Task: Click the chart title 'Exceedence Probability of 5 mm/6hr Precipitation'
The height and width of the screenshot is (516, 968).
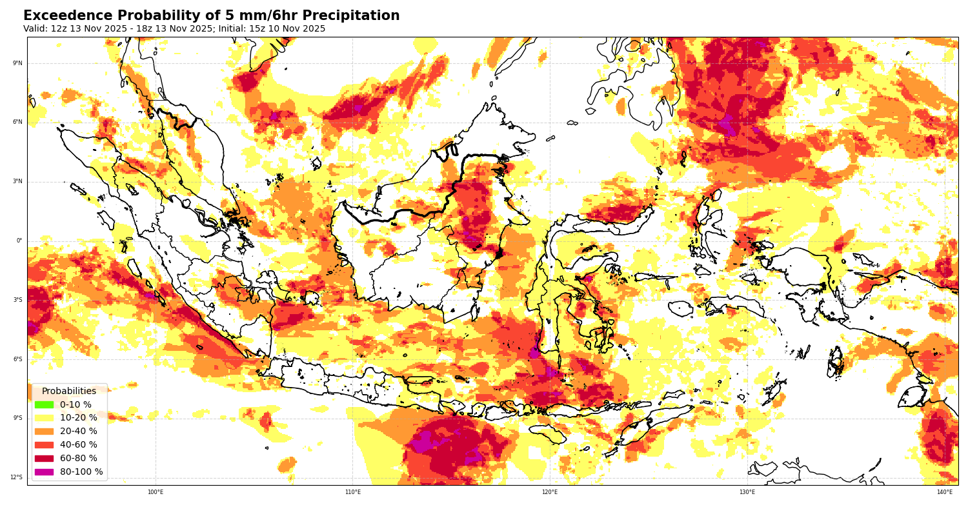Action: click(x=211, y=16)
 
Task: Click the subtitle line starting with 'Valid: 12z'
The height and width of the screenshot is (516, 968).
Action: click(x=174, y=29)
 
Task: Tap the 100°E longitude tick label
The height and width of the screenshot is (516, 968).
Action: click(x=156, y=492)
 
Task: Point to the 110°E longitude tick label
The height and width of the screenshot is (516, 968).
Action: click(x=353, y=492)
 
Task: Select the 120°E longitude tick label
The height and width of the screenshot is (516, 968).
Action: click(x=550, y=492)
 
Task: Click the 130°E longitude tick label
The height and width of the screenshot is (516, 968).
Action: click(x=747, y=492)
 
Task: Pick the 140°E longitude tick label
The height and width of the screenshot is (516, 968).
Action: click(x=945, y=492)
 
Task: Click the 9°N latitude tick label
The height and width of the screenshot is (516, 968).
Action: click(x=18, y=63)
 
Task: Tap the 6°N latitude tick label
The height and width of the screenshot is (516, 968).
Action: click(x=18, y=122)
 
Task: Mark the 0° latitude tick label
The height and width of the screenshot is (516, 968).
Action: click(x=19, y=241)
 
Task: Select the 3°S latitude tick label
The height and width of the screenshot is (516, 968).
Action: click(x=18, y=300)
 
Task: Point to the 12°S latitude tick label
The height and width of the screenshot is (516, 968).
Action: click(x=17, y=477)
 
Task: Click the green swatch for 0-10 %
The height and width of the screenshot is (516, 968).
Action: click(x=44, y=404)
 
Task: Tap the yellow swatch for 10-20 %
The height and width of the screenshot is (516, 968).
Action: click(x=44, y=418)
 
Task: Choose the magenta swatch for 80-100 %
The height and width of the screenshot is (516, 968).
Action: click(x=44, y=471)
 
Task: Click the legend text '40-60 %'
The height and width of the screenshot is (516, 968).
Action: click(x=79, y=445)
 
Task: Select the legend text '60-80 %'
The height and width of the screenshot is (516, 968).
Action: click(x=79, y=459)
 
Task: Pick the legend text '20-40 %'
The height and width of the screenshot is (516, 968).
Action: click(x=79, y=432)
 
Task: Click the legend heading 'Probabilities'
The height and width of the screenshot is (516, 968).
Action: click(x=69, y=392)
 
